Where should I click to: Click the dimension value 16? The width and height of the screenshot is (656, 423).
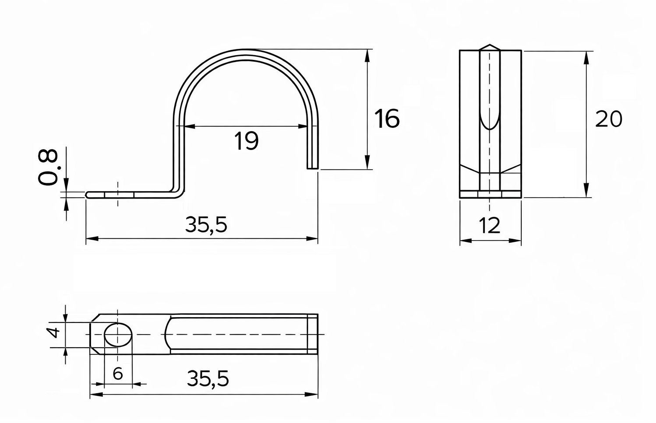[387, 119]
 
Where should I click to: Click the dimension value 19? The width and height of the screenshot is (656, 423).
[246, 141]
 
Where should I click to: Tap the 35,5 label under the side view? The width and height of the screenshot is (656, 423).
[206, 225]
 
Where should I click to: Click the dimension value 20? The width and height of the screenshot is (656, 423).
[609, 119]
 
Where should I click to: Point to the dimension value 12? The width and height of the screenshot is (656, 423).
[489, 225]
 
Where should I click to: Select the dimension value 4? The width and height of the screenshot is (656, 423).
[53, 333]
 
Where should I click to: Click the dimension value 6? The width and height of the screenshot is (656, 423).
[118, 374]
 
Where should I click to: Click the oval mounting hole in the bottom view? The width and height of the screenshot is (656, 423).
[118, 335]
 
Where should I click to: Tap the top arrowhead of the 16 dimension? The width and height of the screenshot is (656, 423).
[368, 56]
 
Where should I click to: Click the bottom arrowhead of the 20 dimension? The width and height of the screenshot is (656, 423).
[586, 191]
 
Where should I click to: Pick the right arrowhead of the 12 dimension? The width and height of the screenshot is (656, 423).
[515, 241]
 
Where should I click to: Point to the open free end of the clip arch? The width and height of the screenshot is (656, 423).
[312, 168]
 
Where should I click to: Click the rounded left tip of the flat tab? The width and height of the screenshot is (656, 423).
[86, 195]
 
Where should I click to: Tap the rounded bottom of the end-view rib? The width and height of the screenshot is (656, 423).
[490, 129]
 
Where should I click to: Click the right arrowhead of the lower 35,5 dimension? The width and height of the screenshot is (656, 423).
[311, 394]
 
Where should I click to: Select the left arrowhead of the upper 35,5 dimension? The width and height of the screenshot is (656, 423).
[92, 238]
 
